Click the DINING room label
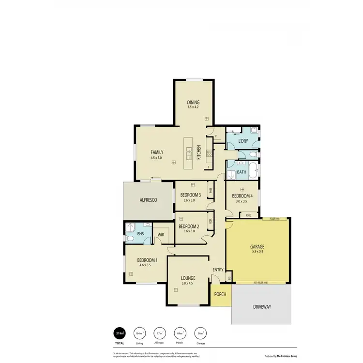pos(193,103)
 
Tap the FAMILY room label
pos(157,152)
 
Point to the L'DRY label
pos(243,141)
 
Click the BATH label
pos(241,172)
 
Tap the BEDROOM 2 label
pos(189,226)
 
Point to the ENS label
pos(140,234)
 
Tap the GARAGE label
pos(257,246)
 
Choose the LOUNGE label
pos(188,278)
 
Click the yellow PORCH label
pos(220,294)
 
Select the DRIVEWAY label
pos(261,307)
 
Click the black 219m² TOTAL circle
pos(119,333)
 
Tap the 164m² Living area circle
pos(139,333)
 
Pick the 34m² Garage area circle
pos(200,333)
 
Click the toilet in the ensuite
pos(129,238)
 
